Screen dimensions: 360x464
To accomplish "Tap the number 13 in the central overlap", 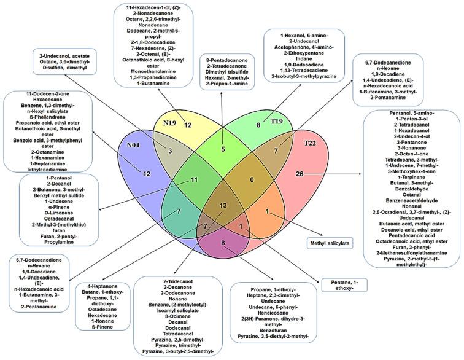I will click(222, 205).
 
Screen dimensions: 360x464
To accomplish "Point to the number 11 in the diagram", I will click(192, 180).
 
